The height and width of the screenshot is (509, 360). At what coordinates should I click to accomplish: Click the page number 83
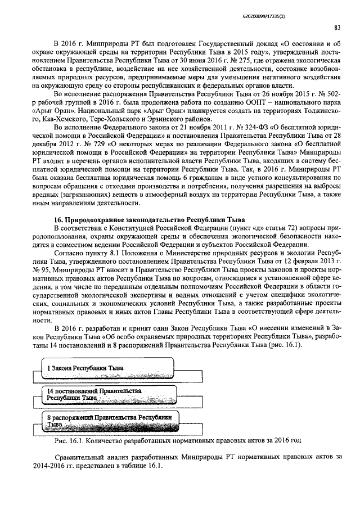[x=336, y=26]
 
